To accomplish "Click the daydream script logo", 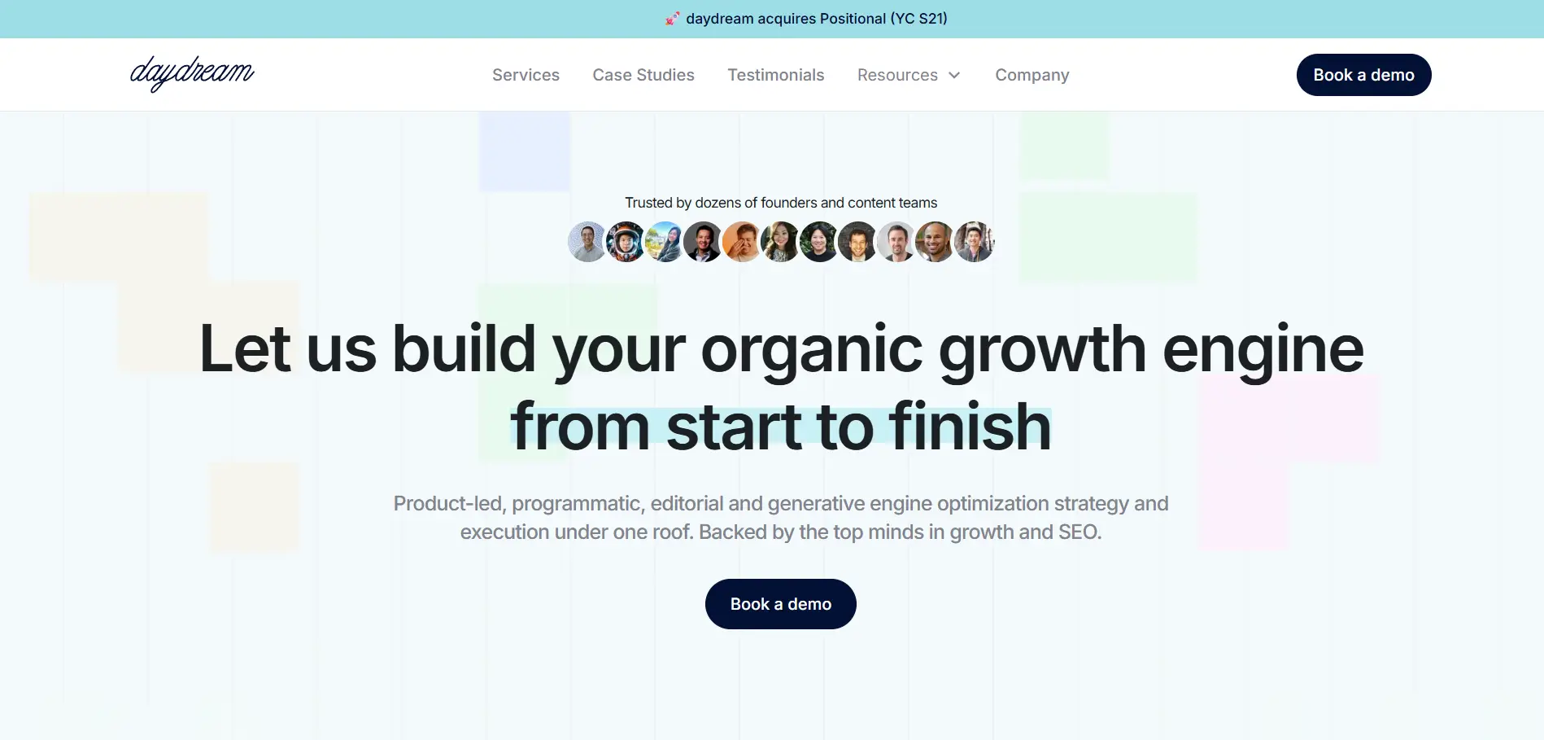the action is (x=192, y=73).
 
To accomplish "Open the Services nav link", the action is (x=526, y=75).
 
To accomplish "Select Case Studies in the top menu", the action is (x=643, y=75).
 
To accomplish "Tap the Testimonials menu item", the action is (x=776, y=75).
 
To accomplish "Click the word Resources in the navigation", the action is (x=897, y=75).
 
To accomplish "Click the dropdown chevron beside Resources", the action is (x=954, y=75).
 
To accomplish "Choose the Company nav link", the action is (x=1032, y=75).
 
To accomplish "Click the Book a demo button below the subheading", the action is (x=781, y=604).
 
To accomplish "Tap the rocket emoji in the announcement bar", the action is (x=673, y=18).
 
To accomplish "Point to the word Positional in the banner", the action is (x=853, y=18).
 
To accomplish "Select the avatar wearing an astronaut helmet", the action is (x=626, y=242).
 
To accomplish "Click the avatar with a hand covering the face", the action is (x=742, y=242).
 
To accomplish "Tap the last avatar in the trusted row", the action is (x=974, y=242).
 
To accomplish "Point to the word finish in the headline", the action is (x=970, y=427).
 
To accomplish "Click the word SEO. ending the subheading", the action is (x=1080, y=532).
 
